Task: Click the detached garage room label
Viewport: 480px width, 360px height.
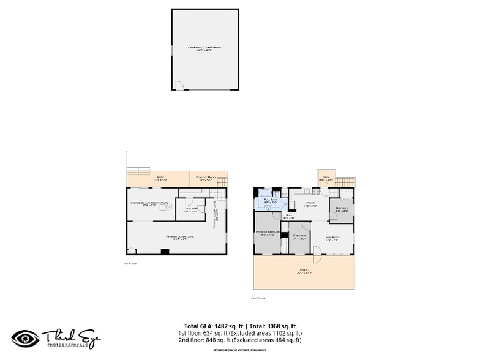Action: (204, 48)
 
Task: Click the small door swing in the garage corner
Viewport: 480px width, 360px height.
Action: (178, 85)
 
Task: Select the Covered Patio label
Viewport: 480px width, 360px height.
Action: (204, 179)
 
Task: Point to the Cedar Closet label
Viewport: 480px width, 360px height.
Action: (190, 210)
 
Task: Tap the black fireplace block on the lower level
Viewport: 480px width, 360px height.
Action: (165, 251)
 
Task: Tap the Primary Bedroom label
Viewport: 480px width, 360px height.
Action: (267, 233)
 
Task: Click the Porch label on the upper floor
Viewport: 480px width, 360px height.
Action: (304, 271)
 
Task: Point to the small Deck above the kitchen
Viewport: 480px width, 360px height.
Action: (326, 179)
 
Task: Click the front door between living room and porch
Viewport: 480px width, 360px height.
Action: (317, 254)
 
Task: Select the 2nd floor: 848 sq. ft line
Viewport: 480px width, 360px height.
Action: (240, 340)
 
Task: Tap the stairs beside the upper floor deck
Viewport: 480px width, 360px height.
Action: (346, 182)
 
